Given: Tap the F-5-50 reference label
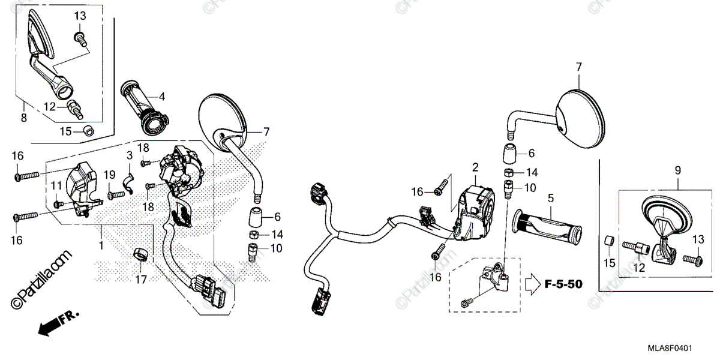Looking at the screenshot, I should pyautogui.click(x=563, y=284).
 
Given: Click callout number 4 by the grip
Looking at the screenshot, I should pyautogui.click(x=162, y=96).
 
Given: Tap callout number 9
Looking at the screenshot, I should pyautogui.click(x=677, y=171).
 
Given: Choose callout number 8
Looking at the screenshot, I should pyautogui.click(x=23, y=118).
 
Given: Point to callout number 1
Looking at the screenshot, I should pyautogui.click(x=101, y=245).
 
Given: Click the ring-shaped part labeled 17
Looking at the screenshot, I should pyautogui.click(x=140, y=254).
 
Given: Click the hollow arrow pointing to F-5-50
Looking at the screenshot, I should pyautogui.click(x=532, y=283).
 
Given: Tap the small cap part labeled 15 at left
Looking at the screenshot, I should pyautogui.click(x=88, y=129).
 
